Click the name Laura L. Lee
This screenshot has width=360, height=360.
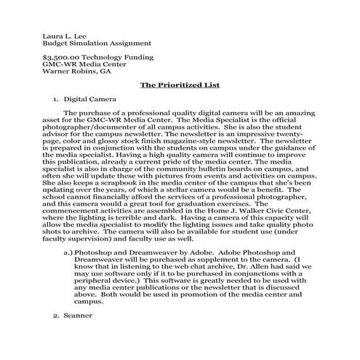(x=63, y=34)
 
